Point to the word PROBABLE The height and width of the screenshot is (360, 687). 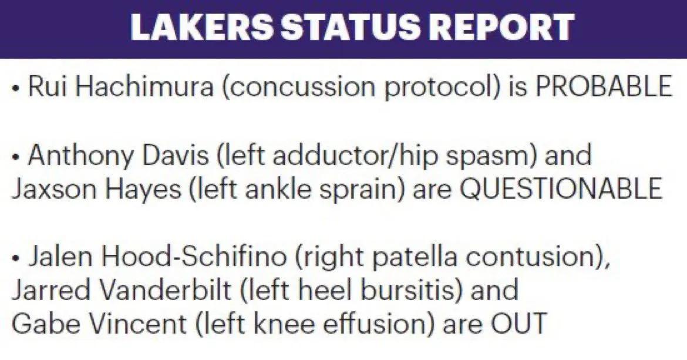(x=604, y=86)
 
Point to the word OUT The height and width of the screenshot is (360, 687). (x=518, y=324)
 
